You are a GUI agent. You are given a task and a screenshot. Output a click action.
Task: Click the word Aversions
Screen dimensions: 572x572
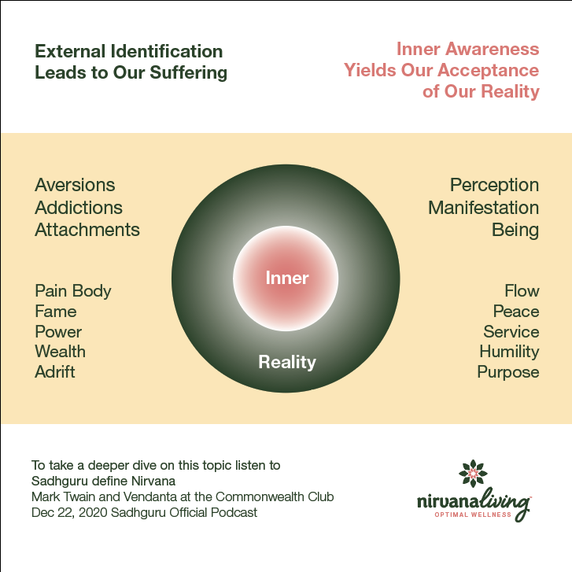[75, 186]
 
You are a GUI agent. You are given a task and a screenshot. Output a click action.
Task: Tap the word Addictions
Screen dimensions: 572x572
[79, 209]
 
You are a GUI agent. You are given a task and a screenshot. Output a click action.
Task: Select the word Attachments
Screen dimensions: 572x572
[87, 231]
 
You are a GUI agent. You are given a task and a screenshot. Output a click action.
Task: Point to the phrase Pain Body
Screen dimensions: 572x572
[73, 291]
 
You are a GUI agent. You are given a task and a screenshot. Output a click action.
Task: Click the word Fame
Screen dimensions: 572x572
[55, 312]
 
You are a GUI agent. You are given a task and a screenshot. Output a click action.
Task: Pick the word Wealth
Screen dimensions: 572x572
[60, 352]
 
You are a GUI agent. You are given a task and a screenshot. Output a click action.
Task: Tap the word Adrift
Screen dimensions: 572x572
[55, 372]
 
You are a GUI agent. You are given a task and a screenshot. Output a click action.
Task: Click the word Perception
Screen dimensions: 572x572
[494, 186]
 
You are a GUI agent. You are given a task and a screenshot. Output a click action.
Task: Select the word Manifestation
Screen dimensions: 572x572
[483, 209]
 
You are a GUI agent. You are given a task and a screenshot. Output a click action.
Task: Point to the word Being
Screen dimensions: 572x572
[515, 231]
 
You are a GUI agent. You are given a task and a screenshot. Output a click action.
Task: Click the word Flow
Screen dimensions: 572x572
[522, 291]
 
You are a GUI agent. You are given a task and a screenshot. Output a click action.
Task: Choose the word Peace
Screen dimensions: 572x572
[516, 312]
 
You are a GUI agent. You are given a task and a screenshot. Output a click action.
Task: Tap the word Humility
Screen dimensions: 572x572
[509, 352]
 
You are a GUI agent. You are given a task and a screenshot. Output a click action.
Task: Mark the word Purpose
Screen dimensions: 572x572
[508, 372]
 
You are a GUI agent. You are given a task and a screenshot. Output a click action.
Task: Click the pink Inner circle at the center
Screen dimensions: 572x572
[286, 278]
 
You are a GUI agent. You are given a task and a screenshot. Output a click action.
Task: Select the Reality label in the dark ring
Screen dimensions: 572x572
[287, 363]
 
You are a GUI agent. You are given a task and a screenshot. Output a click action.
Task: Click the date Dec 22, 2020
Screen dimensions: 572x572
[65, 513]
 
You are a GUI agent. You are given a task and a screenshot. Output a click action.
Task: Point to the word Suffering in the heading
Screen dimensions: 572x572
[191, 73]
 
